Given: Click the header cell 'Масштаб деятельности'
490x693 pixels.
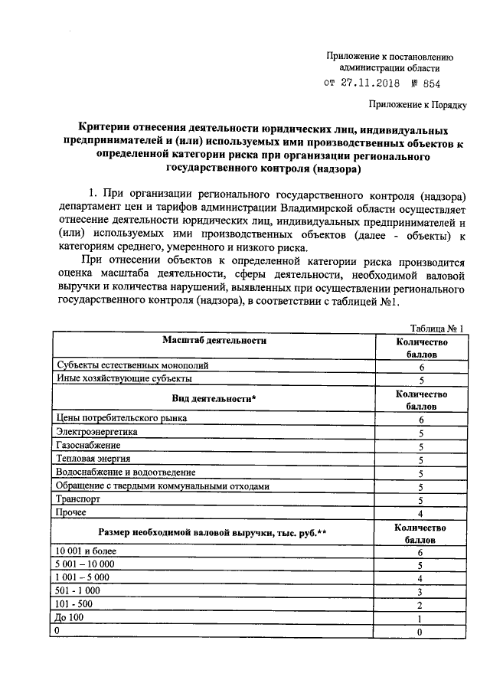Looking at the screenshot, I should (214, 341).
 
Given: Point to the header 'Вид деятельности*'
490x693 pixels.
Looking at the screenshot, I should (214, 399).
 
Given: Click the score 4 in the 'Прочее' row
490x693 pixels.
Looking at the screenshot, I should (420, 513).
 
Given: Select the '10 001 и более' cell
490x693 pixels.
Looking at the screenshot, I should (83, 551).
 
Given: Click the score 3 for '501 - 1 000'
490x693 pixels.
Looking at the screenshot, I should (420, 592).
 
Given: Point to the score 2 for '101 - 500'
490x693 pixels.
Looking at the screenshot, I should (420, 605).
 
